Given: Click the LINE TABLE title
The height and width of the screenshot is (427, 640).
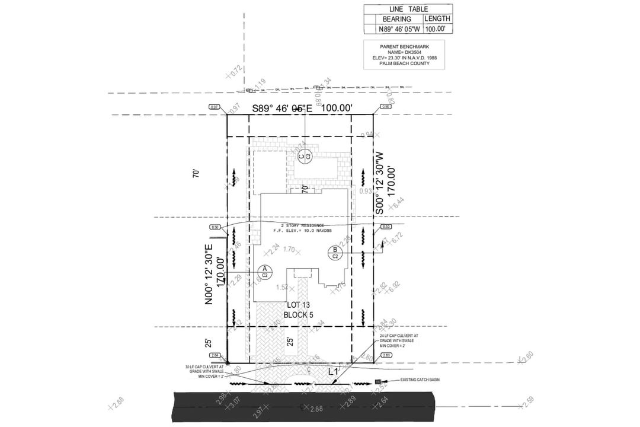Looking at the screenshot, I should click(408, 9).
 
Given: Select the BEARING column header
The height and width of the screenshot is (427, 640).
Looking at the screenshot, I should click(396, 19).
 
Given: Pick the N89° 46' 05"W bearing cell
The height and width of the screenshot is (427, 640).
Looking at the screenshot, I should click(396, 28).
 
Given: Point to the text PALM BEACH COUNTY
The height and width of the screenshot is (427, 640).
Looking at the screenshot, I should click(405, 63).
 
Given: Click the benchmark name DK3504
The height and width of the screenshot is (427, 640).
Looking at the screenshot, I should click(405, 52).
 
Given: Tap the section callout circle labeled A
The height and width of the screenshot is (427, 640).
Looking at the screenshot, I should click(265, 272).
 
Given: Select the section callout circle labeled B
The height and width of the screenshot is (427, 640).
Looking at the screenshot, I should click(335, 253).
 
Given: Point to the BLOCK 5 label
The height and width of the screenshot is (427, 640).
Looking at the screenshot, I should click(298, 315).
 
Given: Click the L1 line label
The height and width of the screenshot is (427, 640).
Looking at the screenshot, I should click(334, 371).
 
